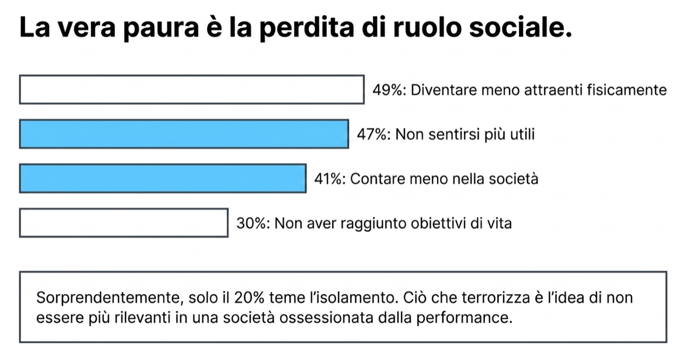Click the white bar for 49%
(191, 89)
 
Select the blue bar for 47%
(184, 134)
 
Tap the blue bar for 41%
(163, 179)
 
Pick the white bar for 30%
(123, 223)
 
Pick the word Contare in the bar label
(378, 179)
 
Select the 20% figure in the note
(249, 298)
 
